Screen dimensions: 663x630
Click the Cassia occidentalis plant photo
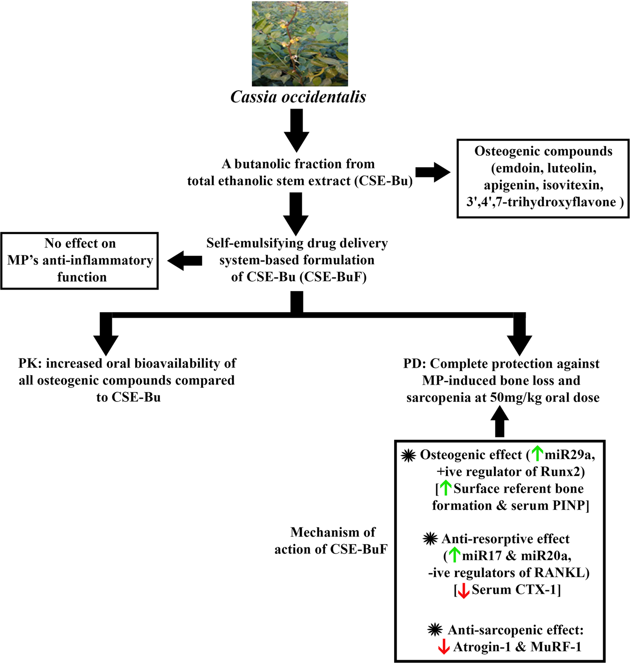point(300,44)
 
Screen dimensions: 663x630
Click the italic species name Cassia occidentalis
point(298,97)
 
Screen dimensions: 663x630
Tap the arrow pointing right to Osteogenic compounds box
point(432,172)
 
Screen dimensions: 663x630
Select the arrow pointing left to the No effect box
point(185,261)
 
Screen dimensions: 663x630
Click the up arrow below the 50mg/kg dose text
point(499,421)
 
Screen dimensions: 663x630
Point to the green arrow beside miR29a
point(537,453)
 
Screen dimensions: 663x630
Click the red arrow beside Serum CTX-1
point(463,591)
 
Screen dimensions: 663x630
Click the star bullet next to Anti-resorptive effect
point(430,539)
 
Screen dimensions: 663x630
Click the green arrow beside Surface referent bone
point(446,488)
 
